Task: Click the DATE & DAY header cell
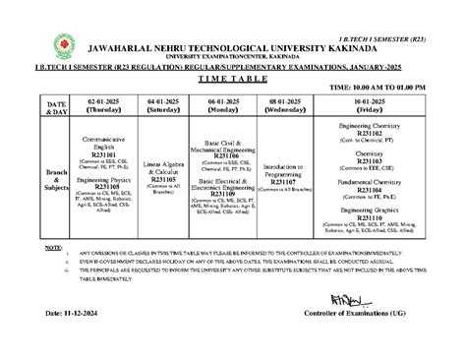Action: [55, 106]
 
